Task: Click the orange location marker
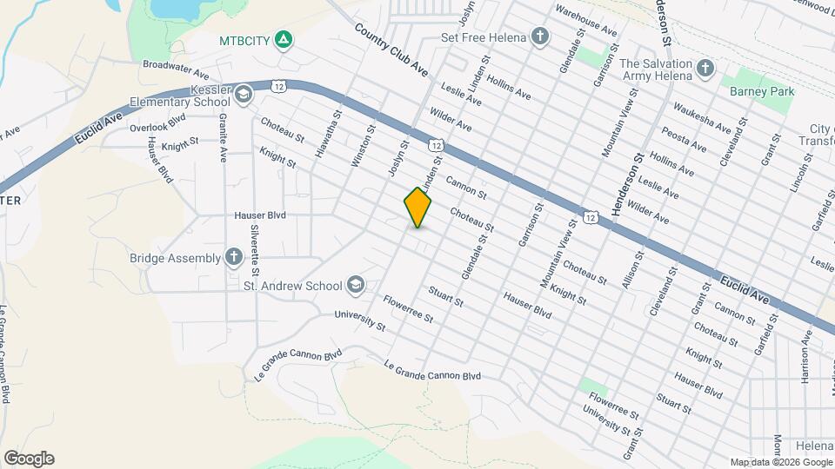coord(417,207)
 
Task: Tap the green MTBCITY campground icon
coord(283,39)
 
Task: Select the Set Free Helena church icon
coord(540,36)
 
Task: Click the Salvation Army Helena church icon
coord(705,67)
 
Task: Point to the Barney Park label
coord(756,89)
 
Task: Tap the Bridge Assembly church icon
coord(233,256)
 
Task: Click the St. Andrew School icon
coord(355,284)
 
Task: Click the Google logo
coord(29,458)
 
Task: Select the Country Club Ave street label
coord(391,50)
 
